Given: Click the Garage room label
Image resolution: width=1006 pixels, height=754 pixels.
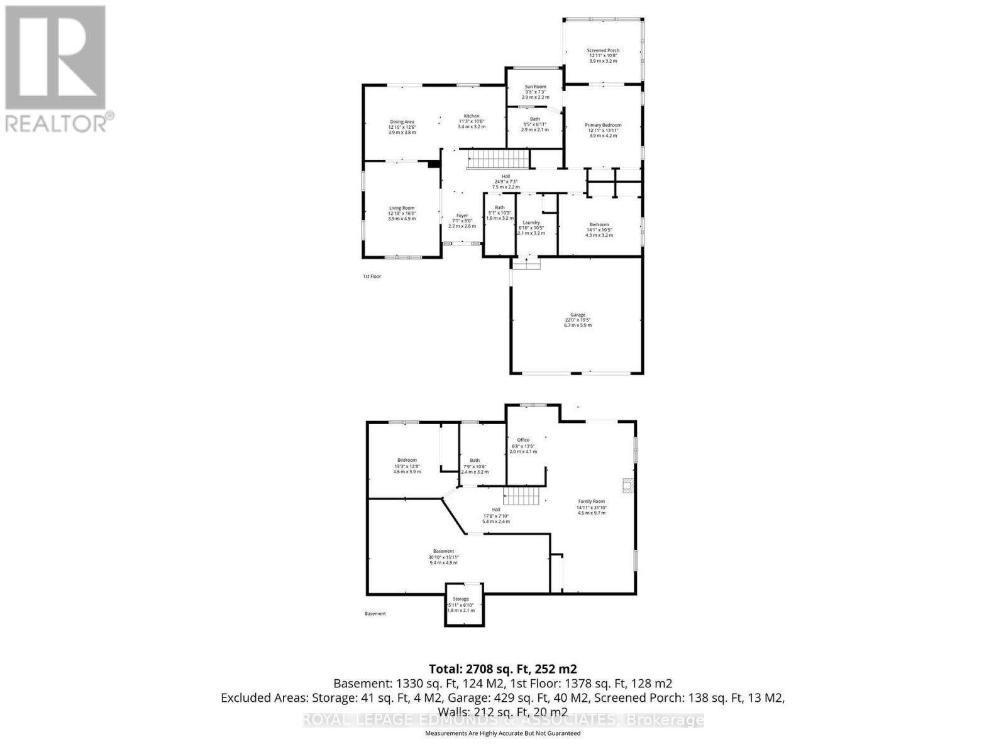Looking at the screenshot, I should tap(578, 315).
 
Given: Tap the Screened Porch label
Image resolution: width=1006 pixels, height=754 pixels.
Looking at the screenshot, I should tap(603, 51).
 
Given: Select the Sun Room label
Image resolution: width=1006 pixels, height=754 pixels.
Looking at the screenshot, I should tap(535, 87).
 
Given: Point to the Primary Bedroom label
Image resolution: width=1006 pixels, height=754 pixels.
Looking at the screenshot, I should tap(603, 126).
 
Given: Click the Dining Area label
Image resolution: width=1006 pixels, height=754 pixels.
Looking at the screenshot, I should tap(402, 122).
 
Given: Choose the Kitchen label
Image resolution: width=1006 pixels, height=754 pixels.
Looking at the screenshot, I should tap(472, 116).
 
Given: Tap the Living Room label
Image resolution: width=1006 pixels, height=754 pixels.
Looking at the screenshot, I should tap(401, 208).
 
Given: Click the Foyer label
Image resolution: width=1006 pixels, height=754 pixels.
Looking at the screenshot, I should tap(462, 216).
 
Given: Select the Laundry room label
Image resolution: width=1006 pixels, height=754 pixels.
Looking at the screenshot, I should tap(531, 222).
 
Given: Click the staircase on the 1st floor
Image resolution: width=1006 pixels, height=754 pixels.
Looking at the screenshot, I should tap(498, 158).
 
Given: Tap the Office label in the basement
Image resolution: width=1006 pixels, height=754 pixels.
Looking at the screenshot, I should tap(523, 440).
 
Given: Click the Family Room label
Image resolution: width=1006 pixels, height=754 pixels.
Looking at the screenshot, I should tap(591, 501).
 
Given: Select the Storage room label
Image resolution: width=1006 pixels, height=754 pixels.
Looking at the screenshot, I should tap(461, 599).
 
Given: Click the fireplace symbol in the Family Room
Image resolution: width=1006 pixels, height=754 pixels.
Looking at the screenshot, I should tap(627, 484).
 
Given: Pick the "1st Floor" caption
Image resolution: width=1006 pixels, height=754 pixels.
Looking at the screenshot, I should tap(372, 276).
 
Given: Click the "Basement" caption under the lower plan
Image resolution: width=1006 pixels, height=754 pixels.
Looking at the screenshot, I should tap(375, 614).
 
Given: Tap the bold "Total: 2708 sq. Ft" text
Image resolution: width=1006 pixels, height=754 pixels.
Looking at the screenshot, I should tap(502, 669).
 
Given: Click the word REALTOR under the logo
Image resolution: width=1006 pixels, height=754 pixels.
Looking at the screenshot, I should tap(55, 122).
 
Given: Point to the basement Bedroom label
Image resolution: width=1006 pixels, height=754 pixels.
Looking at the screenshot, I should tap(407, 461).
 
